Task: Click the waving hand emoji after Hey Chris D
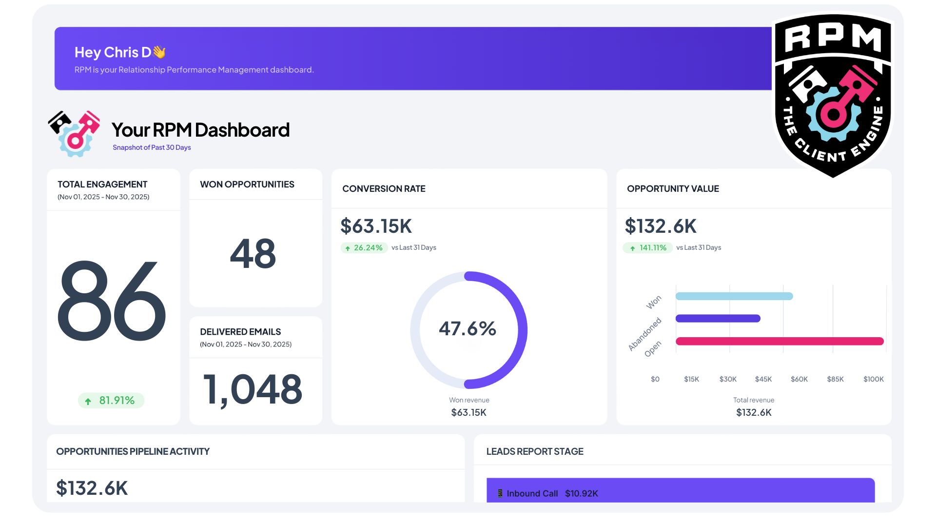click(159, 52)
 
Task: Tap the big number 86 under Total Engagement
click(112, 301)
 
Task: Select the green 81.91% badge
click(111, 401)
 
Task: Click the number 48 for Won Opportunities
click(253, 254)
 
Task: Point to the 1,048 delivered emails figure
click(253, 389)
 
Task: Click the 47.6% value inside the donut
click(468, 329)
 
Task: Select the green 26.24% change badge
click(364, 248)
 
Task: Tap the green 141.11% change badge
click(648, 248)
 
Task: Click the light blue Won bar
click(734, 296)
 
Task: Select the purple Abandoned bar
click(718, 319)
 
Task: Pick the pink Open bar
click(779, 341)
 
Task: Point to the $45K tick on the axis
click(763, 379)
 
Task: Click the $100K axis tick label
click(873, 379)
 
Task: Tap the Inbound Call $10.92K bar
click(680, 491)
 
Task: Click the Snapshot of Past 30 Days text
click(152, 147)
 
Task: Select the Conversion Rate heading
click(384, 189)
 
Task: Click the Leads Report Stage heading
click(535, 452)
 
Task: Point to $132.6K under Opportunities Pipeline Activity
click(92, 488)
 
